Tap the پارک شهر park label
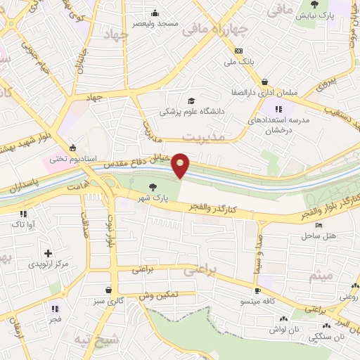point(153,199)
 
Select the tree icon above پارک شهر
point(153,187)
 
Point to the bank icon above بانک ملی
point(238,51)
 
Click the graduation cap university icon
point(191,100)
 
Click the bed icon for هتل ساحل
point(319,226)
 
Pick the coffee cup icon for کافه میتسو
point(257,290)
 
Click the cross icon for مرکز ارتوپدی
point(48,253)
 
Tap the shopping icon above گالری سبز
point(108,290)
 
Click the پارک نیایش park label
point(314,15)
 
